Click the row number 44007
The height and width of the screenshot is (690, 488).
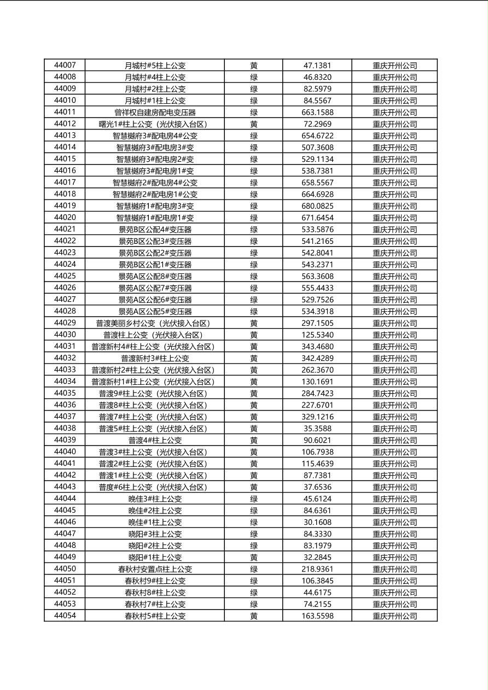pyautogui.click(x=65, y=66)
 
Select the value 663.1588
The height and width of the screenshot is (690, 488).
pyautogui.click(x=317, y=113)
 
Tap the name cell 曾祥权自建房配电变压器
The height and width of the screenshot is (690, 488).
pyautogui.click(x=155, y=113)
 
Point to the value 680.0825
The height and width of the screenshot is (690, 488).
pyautogui.click(x=317, y=206)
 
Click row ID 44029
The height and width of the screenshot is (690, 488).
pyautogui.click(x=65, y=323)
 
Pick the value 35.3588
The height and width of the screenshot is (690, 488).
pyautogui.click(x=317, y=429)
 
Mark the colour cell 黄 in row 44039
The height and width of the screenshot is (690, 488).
pyautogui.click(x=254, y=440)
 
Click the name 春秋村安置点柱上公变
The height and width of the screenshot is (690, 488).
pyautogui.click(x=155, y=569)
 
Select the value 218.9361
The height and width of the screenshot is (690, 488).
pyautogui.click(x=317, y=569)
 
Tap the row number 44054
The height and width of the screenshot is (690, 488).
pyautogui.click(x=65, y=616)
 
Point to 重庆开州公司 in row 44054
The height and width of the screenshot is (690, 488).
pyautogui.click(x=395, y=616)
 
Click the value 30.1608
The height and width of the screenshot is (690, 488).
pyautogui.click(x=317, y=522)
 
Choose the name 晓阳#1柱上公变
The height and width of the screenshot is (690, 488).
pyautogui.click(x=155, y=558)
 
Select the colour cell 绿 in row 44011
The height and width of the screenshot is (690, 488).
pyautogui.click(x=254, y=113)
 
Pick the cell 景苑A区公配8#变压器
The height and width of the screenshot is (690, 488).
pyautogui.click(x=155, y=277)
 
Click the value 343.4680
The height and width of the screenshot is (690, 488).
pyautogui.click(x=317, y=347)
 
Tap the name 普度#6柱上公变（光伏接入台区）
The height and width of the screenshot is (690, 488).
pyautogui.click(x=153, y=487)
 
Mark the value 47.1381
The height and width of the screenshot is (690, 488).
pyautogui.click(x=317, y=66)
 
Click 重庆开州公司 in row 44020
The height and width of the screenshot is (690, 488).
pyautogui.click(x=395, y=218)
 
